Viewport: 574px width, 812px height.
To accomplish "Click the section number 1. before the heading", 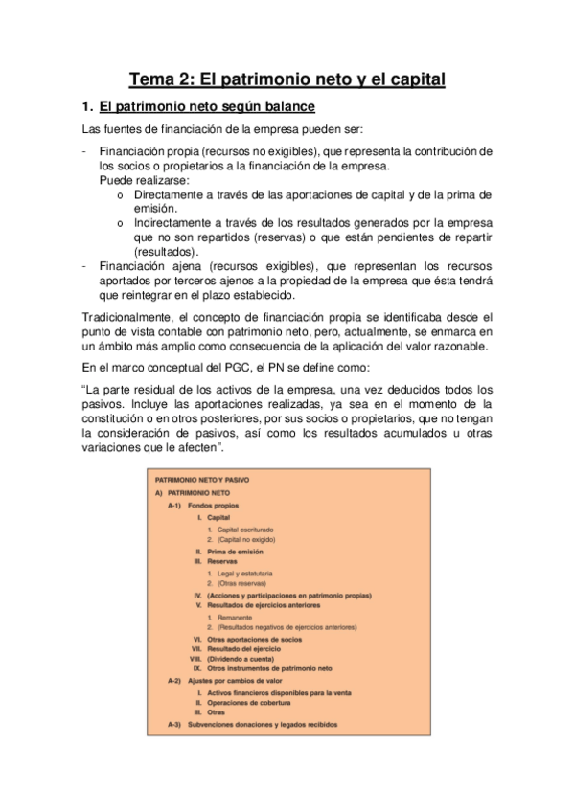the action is (87, 106).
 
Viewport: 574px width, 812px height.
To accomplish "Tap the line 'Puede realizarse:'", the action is (145, 179).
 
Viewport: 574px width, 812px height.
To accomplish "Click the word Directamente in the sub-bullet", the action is (178, 193).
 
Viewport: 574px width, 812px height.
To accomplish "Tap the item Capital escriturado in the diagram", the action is (244, 530).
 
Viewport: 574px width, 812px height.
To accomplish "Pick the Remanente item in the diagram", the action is (236, 618).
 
